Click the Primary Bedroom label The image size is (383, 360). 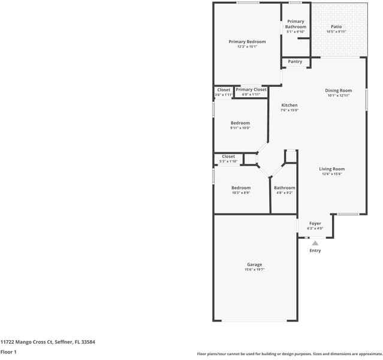[x=247, y=41]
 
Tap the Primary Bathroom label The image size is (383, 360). [x=295, y=24]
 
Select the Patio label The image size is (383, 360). [x=336, y=27]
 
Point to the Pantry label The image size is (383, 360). [x=295, y=61]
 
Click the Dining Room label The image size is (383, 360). [x=338, y=91]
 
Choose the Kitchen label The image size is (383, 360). [x=289, y=105]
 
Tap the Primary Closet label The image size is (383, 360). [x=251, y=89]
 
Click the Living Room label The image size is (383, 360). [x=331, y=169]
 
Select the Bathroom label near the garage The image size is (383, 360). [x=285, y=188]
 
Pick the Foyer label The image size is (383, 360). [x=315, y=223]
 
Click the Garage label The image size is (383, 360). [x=254, y=265]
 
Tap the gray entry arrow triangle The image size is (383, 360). [x=315, y=243]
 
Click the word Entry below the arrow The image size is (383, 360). [x=315, y=251]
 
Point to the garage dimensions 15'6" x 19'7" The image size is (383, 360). [x=254, y=270]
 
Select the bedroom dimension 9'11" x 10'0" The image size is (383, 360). [x=240, y=128]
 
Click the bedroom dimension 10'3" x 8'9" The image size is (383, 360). [x=241, y=193]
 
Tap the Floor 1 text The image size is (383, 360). [x=8, y=352]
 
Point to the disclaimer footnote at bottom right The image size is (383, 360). [x=289, y=354]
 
